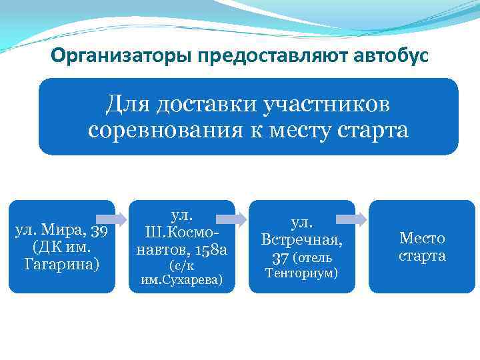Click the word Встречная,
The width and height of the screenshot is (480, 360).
(301, 239)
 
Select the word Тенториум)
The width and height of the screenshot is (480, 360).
(301, 273)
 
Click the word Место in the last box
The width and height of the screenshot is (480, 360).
(422, 239)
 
